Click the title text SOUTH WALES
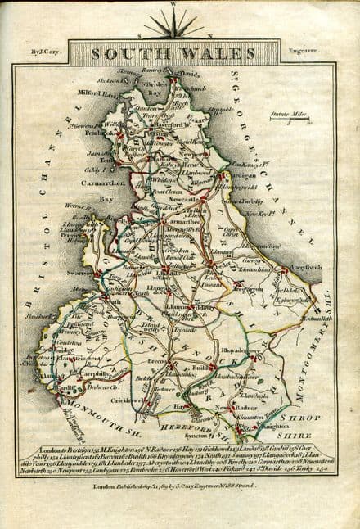pos(169,54)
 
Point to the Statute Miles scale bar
pos(290,120)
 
